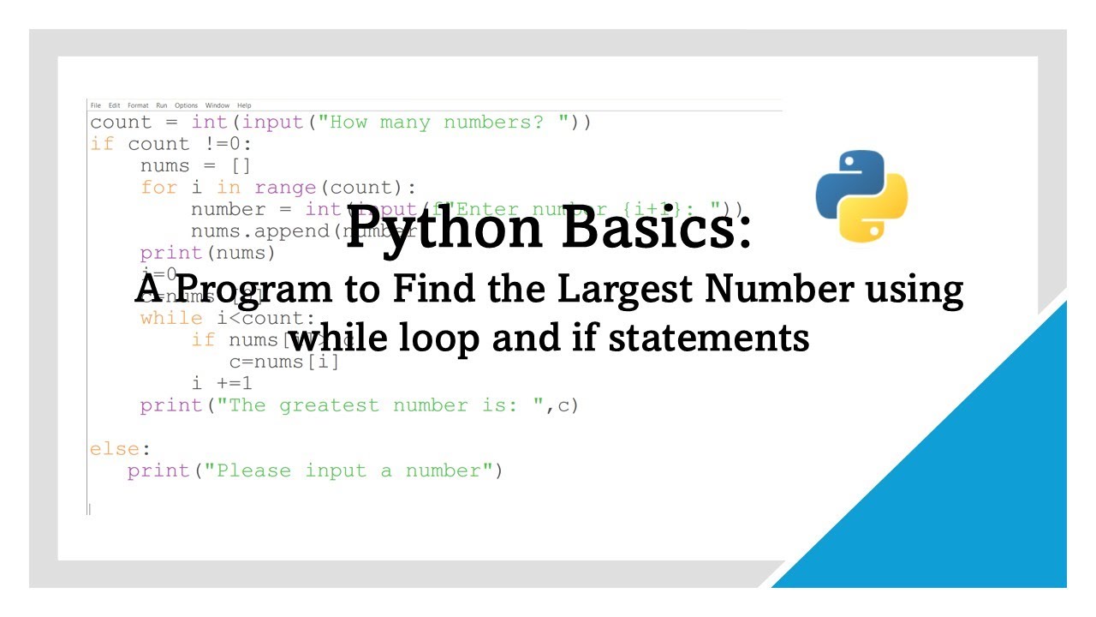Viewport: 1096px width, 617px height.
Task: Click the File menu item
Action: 95,105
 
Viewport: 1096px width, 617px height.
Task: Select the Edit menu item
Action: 114,105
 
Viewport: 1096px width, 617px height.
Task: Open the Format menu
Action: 138,105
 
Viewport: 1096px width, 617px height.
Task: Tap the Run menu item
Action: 162,105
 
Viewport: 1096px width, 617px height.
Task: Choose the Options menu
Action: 186,105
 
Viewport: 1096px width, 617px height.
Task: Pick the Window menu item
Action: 217,105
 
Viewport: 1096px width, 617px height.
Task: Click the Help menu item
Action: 244,105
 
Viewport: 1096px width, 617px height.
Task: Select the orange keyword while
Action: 171,319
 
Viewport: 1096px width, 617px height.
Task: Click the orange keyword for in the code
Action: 158,188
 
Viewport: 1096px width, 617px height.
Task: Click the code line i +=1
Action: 222,384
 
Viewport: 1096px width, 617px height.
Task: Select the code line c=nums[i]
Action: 284,362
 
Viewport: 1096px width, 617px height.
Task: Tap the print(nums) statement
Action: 208,253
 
